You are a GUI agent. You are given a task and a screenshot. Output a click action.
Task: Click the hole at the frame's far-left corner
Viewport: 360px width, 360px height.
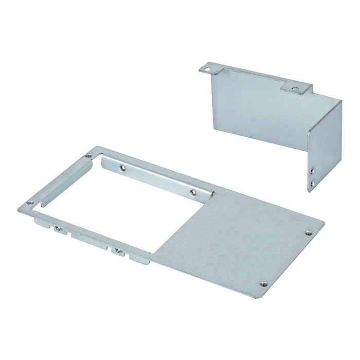30,203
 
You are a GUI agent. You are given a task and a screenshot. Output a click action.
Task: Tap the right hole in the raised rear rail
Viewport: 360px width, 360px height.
192,192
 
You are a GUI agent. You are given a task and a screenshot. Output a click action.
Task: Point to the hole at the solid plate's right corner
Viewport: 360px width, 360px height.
309,232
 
